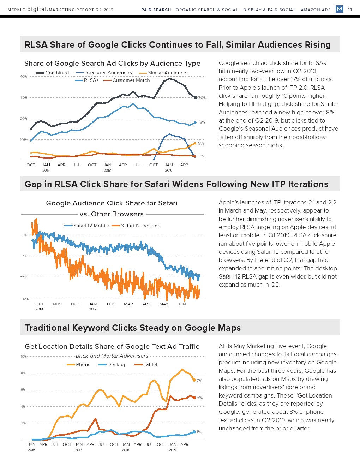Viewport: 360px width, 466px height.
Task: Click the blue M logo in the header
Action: [x=339, y=9]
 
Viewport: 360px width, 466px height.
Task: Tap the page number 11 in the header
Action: [x=350, y=10]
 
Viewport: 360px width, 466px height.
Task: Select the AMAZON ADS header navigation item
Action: [x=316, y=10]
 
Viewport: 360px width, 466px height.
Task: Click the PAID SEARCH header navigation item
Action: [x=156, y=10]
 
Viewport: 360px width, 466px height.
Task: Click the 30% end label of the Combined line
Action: [x=202, y=98]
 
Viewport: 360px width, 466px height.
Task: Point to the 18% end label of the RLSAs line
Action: [x=202, y=122]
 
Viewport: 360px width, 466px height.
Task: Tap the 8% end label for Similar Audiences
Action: [x=201, y=143]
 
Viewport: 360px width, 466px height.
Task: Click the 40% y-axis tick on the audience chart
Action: [x=23, y=76]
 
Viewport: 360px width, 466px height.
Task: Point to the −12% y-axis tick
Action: [x=24, y=299]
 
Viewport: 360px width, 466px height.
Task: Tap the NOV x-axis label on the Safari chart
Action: [x=57, y=304]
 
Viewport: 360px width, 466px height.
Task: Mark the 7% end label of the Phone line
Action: [x=199, y=381]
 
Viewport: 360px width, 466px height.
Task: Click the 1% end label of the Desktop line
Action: [x=199, y=432]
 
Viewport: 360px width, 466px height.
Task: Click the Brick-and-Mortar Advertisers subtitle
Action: [x=112, y=356]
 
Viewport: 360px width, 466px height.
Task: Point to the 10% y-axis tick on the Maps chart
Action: [x=23, y=356]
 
